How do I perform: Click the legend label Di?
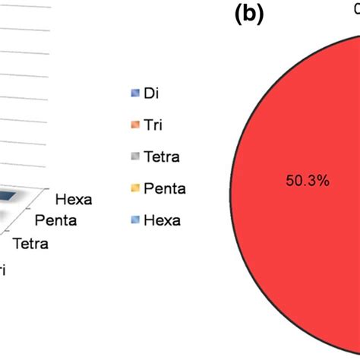[153, 94]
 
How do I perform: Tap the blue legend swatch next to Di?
[134, 94]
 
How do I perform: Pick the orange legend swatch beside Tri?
[134, 125]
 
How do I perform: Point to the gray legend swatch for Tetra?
[134, 157]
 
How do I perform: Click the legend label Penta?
[164, 188]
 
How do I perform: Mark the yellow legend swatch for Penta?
[134, 188]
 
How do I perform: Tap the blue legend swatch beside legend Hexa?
[134, 220]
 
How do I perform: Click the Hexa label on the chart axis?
[74, 200]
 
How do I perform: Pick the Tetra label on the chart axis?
[30, 244]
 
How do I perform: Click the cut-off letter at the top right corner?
[355, 9]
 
